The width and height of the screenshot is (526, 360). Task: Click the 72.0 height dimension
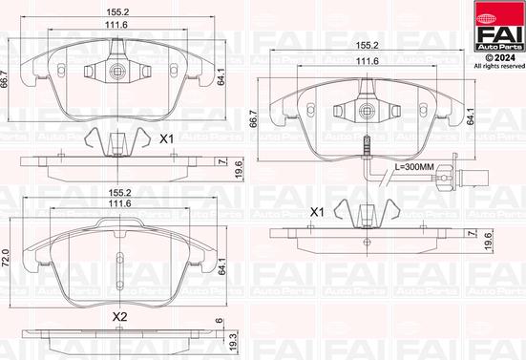coord(6,258)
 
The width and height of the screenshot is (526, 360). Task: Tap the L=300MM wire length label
coord(414,167)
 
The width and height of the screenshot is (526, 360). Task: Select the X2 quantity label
coord(119,316)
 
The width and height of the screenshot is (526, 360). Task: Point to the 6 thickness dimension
coord(219,321)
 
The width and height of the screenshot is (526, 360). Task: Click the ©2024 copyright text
coord(500,57)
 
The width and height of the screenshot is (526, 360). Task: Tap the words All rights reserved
coord(499,66)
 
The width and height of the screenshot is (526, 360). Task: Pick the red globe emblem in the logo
coord(484,19)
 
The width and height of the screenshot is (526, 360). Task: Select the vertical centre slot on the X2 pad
coord(119,271)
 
